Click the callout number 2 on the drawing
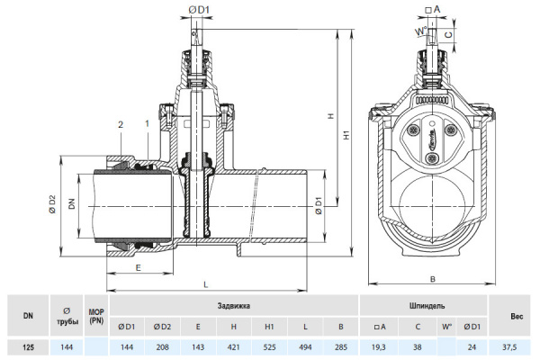121,124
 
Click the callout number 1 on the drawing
147,123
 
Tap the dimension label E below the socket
138,267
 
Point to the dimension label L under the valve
206,284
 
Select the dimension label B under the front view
433,279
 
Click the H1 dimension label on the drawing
346,135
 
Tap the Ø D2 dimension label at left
52,204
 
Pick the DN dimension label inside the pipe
72,204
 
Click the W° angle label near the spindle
421,31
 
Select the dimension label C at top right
448,34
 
